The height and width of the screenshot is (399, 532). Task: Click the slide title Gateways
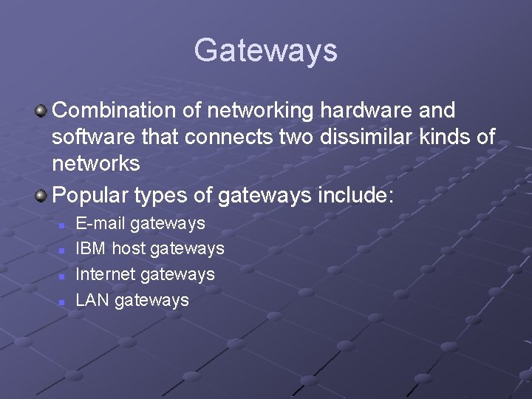pos(265,50)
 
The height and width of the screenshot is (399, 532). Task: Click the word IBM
pos(91,249)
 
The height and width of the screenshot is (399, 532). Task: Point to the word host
pos(129,249)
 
